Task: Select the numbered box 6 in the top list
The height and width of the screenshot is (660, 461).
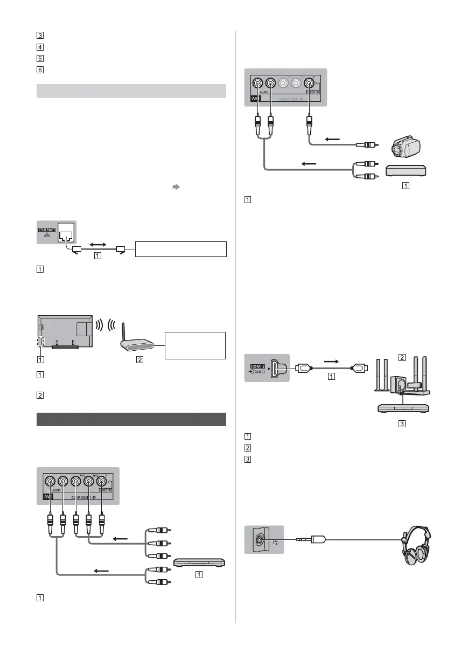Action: [41, 70]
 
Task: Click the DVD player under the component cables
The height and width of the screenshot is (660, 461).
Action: [199, 562]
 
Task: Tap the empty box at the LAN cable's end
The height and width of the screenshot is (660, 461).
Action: [180, 249]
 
